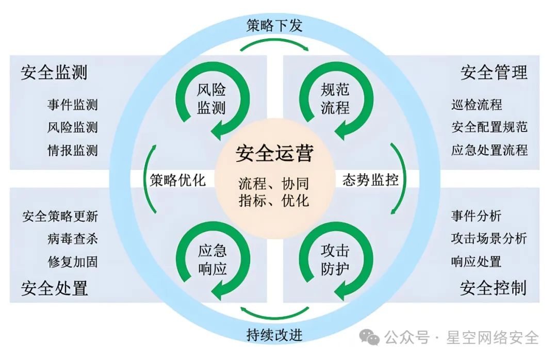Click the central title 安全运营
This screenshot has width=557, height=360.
tap(274, 154)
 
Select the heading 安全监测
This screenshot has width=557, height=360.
tap(54, 73)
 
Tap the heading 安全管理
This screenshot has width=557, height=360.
tap(494, 73)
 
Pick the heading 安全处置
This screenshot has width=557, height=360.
tap(54, 288)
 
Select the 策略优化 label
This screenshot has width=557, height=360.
tap(178, 180)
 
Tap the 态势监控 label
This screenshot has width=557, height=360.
tap(370, 180)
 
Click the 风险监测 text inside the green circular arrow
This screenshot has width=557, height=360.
tap(212, 99)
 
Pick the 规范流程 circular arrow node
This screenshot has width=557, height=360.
tap(335, 99)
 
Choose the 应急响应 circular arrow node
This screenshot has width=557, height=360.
tap(212, 260)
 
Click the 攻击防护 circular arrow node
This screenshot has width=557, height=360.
tap(335, 260)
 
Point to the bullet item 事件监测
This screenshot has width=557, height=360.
tap(72, 105)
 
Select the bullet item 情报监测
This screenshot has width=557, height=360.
tap(72, 150)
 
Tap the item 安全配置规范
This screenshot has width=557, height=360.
tap(489, 127)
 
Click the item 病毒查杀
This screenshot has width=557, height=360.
tap(72, 239)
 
